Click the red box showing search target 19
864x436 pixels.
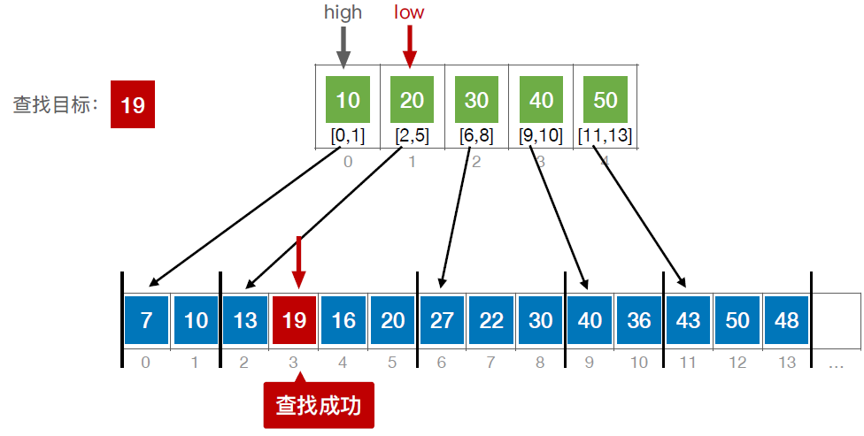pyautogui.click(x=133, y=105)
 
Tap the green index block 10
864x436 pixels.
pyautogui.click(x=348, y=100)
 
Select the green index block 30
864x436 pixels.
pyautogui.click(x=476, y=100)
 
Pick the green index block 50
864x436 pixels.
pyautogui.click(x=606, y=100)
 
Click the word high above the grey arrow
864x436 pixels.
pyautogui.click(x=343, y=12)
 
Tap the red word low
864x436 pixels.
pyautogui.click(x=409, y=12)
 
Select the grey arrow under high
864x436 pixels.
pyautogui.click(x=343, y=45)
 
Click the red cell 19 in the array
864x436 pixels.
pyautogui.click(x=294, y=319)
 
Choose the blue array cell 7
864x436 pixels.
pyautogui.click(x=147, y=319)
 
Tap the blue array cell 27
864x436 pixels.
pyautogui.click(x=442, y=319)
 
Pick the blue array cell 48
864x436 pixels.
pyautogui.click(x=785, y=319)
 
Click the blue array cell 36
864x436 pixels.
pyautogui.click(x=638, y=319)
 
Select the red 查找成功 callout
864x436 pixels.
pyautogui.click(x=319, y=405)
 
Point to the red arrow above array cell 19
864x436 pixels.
pyautogui.click(x=299, y=260)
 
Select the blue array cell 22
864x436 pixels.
pyautogui.click(x=490, y=319)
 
